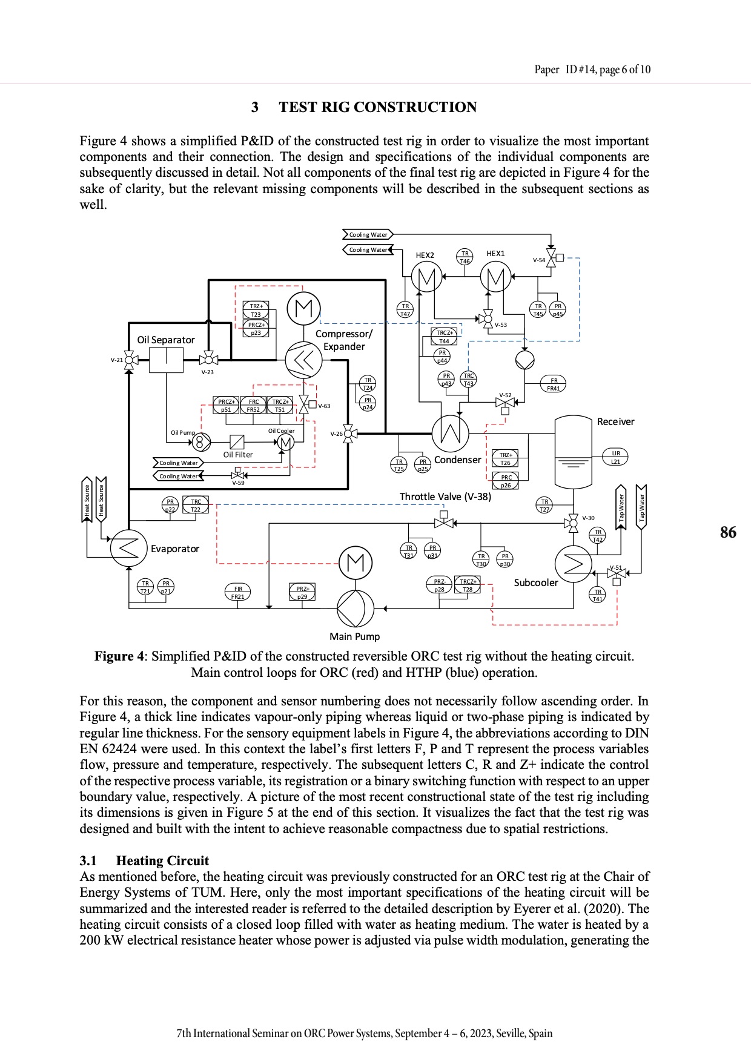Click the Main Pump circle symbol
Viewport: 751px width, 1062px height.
tap(355, 608)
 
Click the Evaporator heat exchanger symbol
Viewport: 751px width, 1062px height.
tap(128, 549)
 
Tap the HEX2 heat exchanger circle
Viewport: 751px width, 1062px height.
tap(426, 278)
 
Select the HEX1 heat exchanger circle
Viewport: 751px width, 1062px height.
tap(495, 278)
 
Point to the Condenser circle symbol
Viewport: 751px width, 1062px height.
tap(450, 432)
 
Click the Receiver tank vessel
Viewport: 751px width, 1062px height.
tap(573, 451)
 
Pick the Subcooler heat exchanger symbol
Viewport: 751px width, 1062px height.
tap(573, 564)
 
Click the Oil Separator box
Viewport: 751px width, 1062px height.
tap(166, 360)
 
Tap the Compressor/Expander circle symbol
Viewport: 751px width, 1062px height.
tap(303, 360)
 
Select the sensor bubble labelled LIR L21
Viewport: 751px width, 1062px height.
tap(615, 457)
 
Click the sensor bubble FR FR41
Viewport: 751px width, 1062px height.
tap(554, 384)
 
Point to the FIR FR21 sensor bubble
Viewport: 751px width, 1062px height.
tap(238, 592)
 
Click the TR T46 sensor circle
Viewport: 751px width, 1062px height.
tap(465, 257)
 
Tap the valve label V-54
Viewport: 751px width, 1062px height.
tap(538, 260)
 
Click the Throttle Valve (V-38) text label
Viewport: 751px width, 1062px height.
tap(445, 496)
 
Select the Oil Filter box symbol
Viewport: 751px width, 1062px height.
tap(237, 442)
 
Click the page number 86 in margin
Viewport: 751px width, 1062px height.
tap(728, 532)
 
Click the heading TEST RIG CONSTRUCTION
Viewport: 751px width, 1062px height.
tap(377, 107)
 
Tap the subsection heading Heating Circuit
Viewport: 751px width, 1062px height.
tap(162, 860)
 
